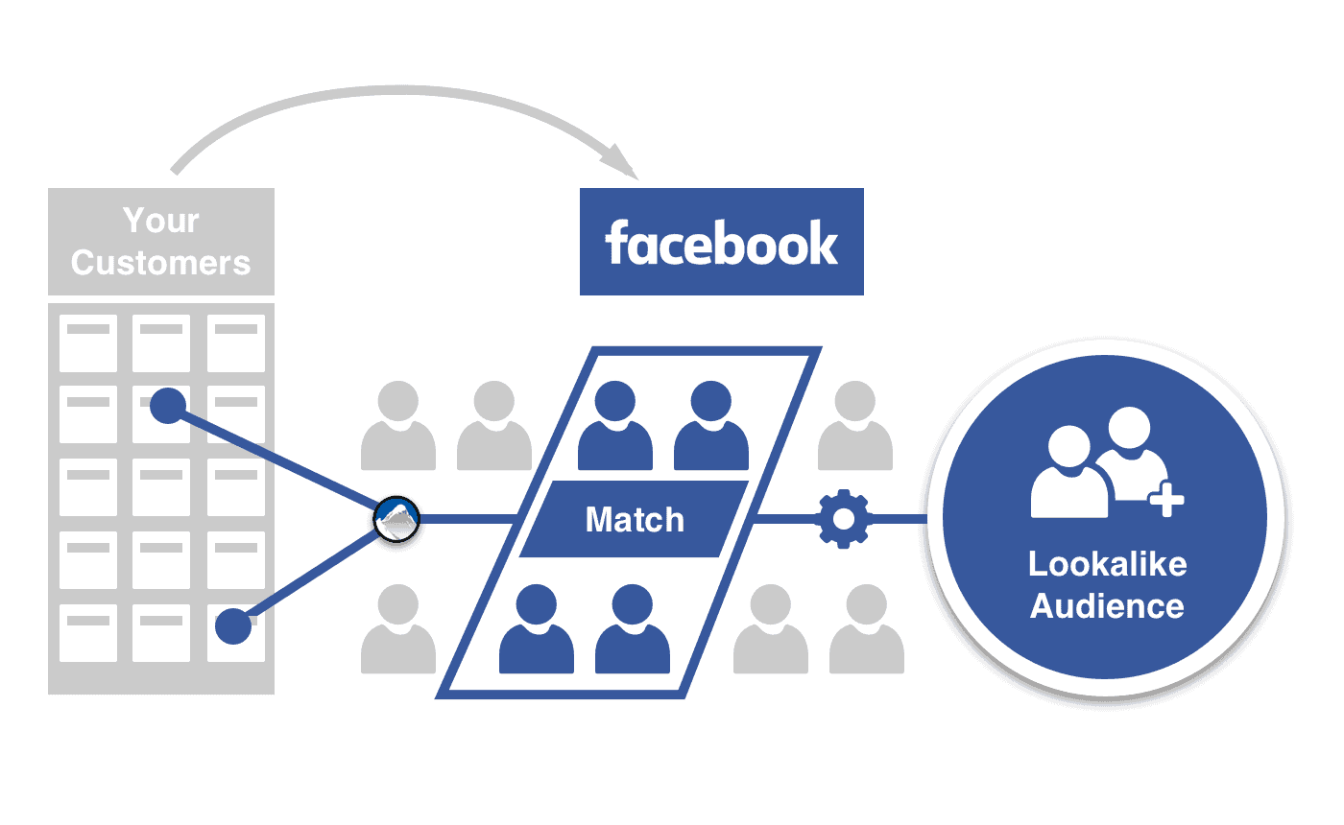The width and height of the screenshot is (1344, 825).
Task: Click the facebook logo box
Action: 721,242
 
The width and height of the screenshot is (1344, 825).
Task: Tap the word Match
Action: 635,520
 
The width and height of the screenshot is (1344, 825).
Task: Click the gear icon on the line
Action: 844,519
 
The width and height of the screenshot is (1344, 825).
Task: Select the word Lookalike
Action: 1107,563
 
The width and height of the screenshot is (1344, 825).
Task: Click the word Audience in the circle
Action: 1107,606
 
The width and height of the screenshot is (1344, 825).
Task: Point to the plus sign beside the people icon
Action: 1167,499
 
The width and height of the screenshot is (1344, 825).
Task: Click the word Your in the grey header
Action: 161,221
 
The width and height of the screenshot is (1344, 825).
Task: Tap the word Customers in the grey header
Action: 161,262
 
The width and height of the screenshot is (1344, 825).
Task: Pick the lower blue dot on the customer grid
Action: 232,627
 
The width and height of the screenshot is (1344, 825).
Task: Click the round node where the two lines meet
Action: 396,520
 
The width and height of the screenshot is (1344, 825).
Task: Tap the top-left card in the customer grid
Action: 88,342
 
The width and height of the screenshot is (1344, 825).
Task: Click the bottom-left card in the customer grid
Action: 88,632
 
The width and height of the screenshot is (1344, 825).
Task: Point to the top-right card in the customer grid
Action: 235,342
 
